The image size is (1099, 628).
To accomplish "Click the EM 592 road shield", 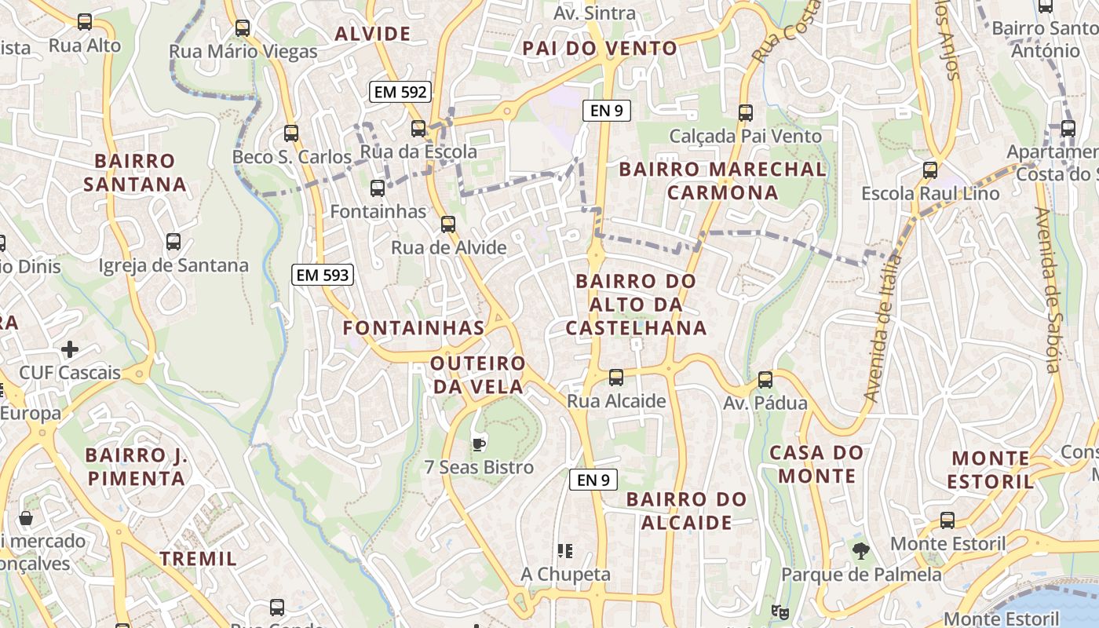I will pos(400,92).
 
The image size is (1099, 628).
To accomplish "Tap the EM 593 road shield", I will pos(322,275).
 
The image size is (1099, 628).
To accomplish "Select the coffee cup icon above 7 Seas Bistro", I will pos(479,445).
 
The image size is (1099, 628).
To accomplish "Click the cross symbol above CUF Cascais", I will pos(70,349).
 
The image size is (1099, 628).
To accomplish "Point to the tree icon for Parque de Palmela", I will pos(861,551).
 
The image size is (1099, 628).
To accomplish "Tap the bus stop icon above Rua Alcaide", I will pos(616,378).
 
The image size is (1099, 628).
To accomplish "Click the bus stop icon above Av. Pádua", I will pos(765,380).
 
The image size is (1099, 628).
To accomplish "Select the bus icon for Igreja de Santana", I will pos(173,242).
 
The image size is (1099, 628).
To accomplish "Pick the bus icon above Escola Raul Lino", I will pos(930,170).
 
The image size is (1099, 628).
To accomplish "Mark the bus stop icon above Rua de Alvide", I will pos(448,225).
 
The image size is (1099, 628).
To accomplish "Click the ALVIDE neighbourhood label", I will pos(372,34).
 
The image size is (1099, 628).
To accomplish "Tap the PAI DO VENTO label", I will pos(600,48).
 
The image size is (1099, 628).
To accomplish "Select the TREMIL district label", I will pos(199,559).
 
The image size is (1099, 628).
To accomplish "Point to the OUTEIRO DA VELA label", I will pos(477,375).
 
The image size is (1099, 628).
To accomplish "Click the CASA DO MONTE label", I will pos(816,464).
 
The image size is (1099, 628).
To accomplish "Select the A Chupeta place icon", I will pos(564,551).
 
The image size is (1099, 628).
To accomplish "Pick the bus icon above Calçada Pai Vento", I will pos(746,113).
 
